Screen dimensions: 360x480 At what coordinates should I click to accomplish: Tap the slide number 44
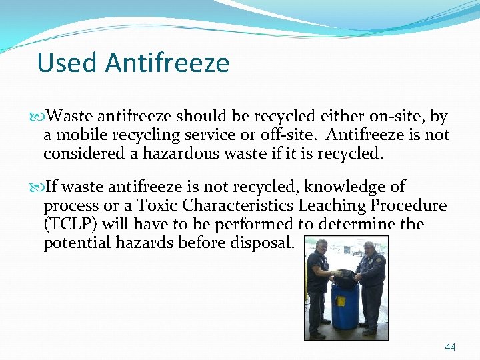pos(450,347)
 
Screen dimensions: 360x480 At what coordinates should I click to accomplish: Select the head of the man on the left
pos(321,245)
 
